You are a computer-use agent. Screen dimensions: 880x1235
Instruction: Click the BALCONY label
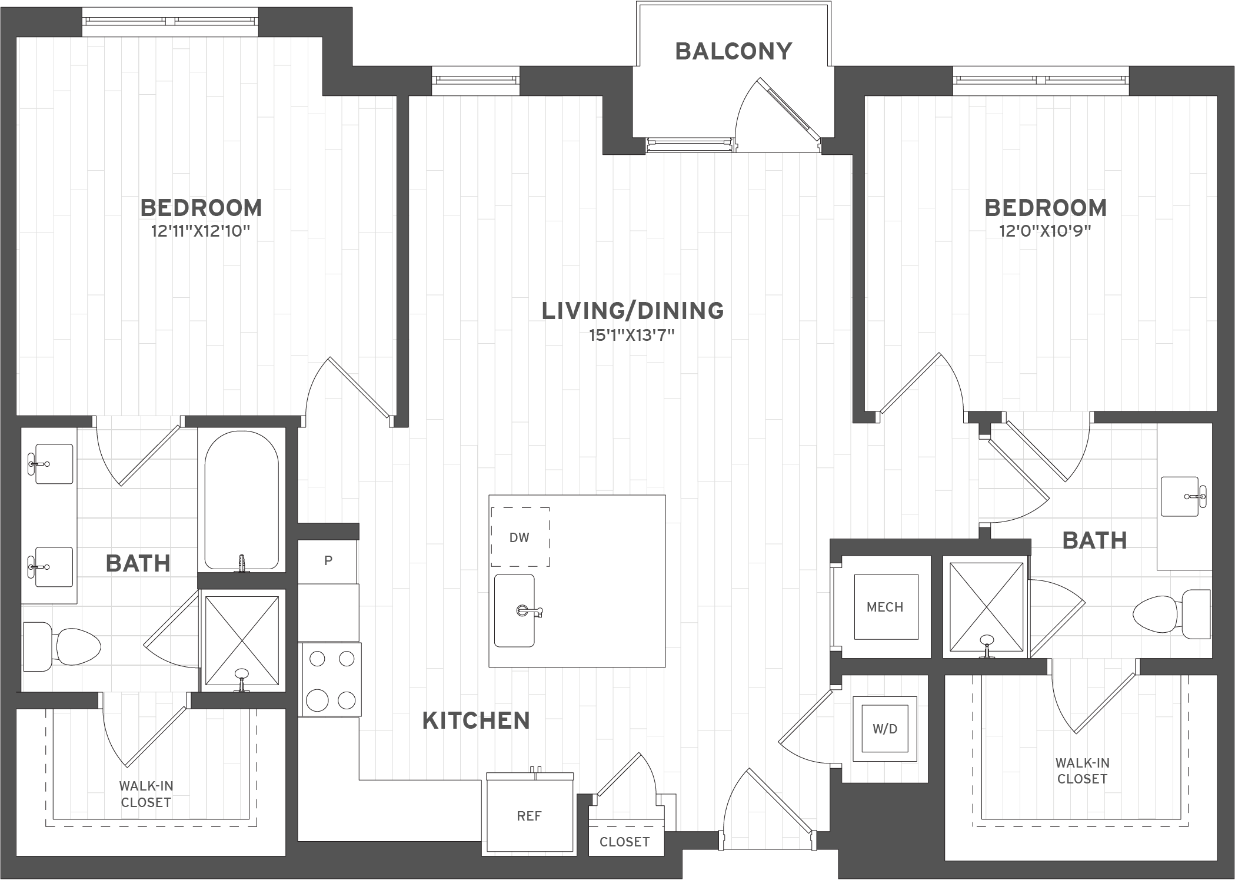[733, 52]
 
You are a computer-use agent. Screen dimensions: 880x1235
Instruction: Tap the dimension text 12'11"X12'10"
[201, 231]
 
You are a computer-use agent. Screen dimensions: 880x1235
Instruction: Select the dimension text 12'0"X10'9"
[1045, 231]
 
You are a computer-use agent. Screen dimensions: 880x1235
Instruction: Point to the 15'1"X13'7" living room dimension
[632, 336]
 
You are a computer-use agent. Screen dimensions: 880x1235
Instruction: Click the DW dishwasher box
[520, 537]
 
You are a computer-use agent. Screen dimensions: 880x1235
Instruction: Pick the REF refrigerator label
[529, 816]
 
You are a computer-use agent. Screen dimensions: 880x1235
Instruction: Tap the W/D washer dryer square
[885, 729]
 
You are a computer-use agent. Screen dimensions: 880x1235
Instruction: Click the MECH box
[885, 607]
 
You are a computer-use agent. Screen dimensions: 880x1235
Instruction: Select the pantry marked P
[328, 561]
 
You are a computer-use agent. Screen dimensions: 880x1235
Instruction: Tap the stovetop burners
[332, 680]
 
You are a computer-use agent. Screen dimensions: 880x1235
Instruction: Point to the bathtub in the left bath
[241, 500]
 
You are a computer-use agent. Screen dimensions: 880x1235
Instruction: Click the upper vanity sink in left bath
[53, 464]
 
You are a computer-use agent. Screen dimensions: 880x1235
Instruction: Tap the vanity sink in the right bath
[1181, 496]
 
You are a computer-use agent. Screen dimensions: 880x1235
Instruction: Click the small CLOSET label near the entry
[624, 842]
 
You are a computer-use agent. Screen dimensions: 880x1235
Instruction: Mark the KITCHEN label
[476, 721]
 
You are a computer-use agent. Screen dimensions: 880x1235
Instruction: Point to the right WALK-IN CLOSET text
[1081, 771]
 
